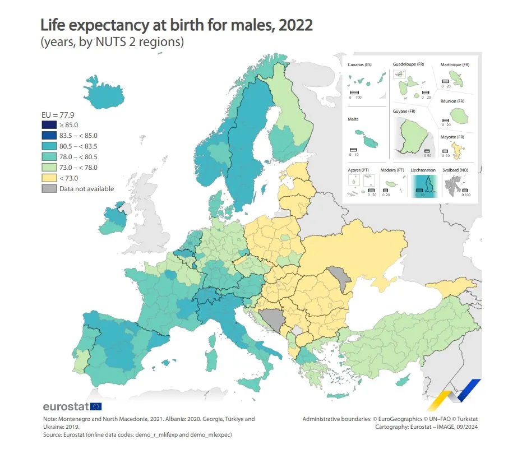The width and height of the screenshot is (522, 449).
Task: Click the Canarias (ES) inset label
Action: pos(359,65)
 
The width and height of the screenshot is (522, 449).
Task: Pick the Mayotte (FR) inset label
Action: pos(452,137)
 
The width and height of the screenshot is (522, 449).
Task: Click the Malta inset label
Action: pos(353,119)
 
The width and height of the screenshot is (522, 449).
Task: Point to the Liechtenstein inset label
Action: pos(423,170)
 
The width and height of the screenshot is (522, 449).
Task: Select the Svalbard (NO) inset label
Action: pos(454,170)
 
